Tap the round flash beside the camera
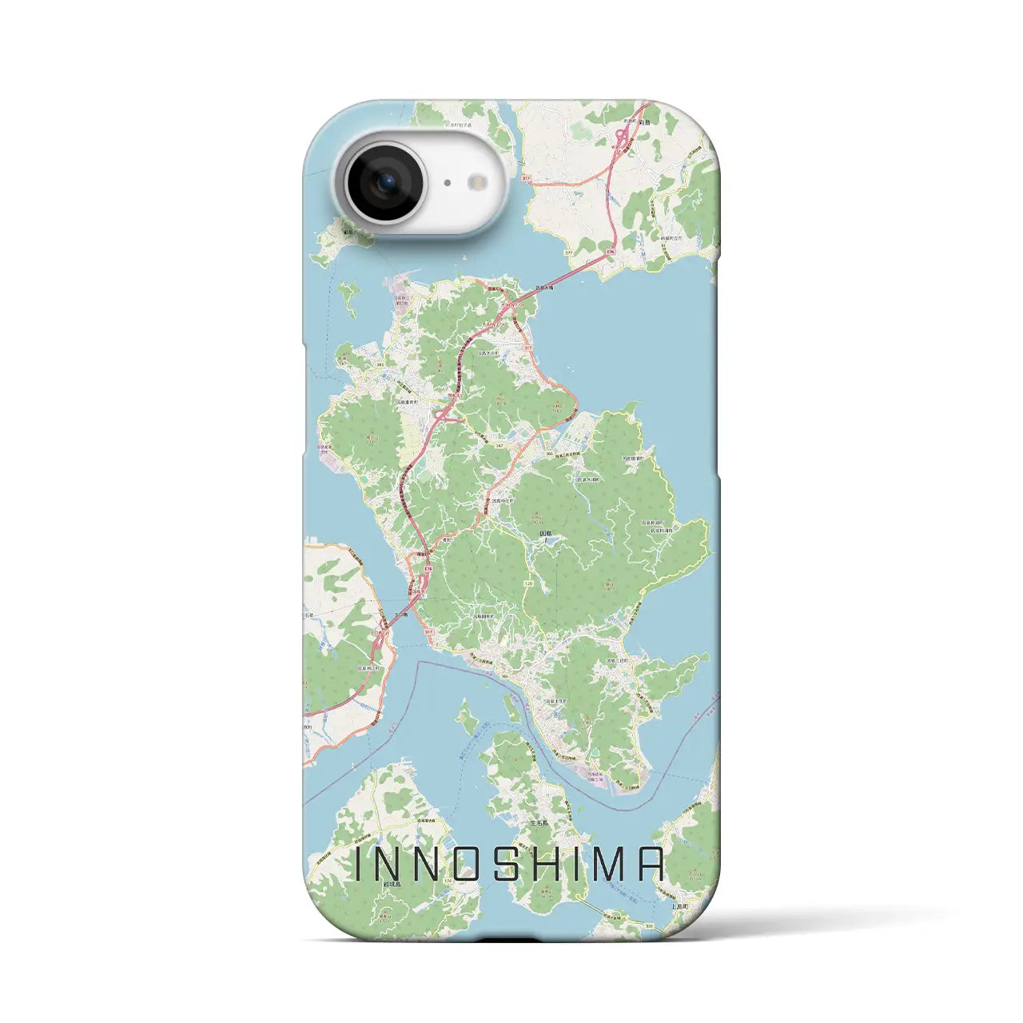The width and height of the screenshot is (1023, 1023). tap(480, 182)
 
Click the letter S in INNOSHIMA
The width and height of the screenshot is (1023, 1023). tap(507, 864)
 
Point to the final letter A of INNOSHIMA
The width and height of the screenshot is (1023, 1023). tap(651, 864)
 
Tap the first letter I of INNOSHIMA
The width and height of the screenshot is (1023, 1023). tap(359, 864)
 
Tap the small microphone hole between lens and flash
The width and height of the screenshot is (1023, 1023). tap(447, 183)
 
